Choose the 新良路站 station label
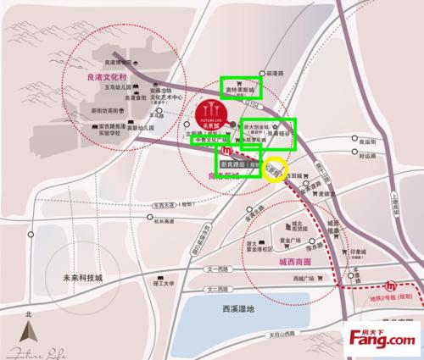(239, 163)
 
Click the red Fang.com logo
(380, 340)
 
